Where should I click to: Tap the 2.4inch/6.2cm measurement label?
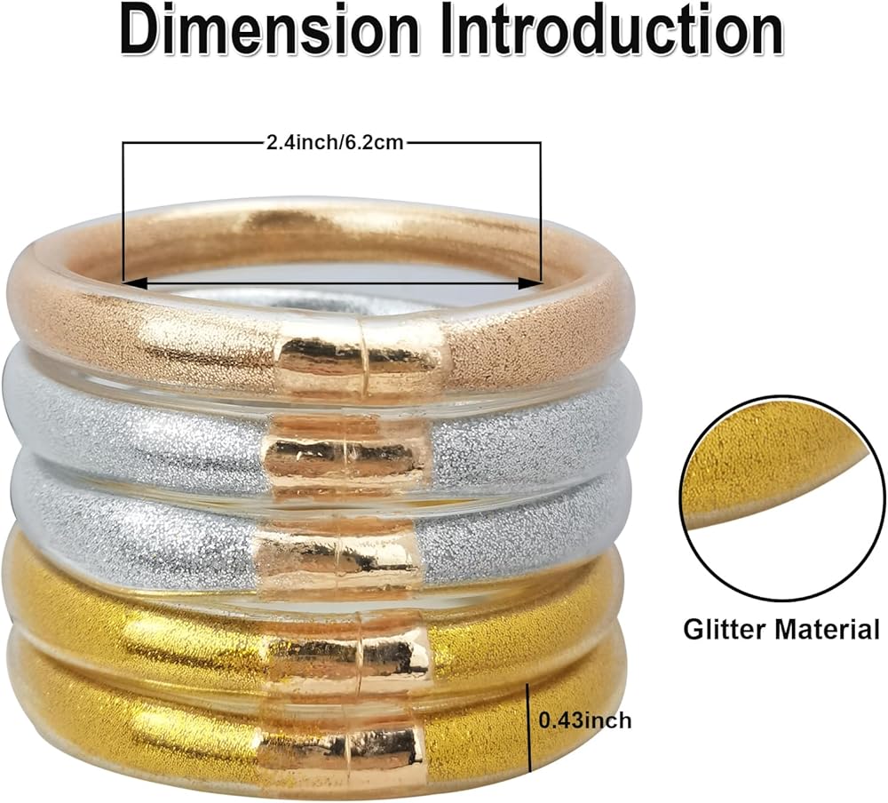click(x=334, y=142)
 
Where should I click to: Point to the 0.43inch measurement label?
click(x=585, y=720)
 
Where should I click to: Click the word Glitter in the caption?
click(x=726, y=630)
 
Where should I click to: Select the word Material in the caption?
click(x=826, y=630)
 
